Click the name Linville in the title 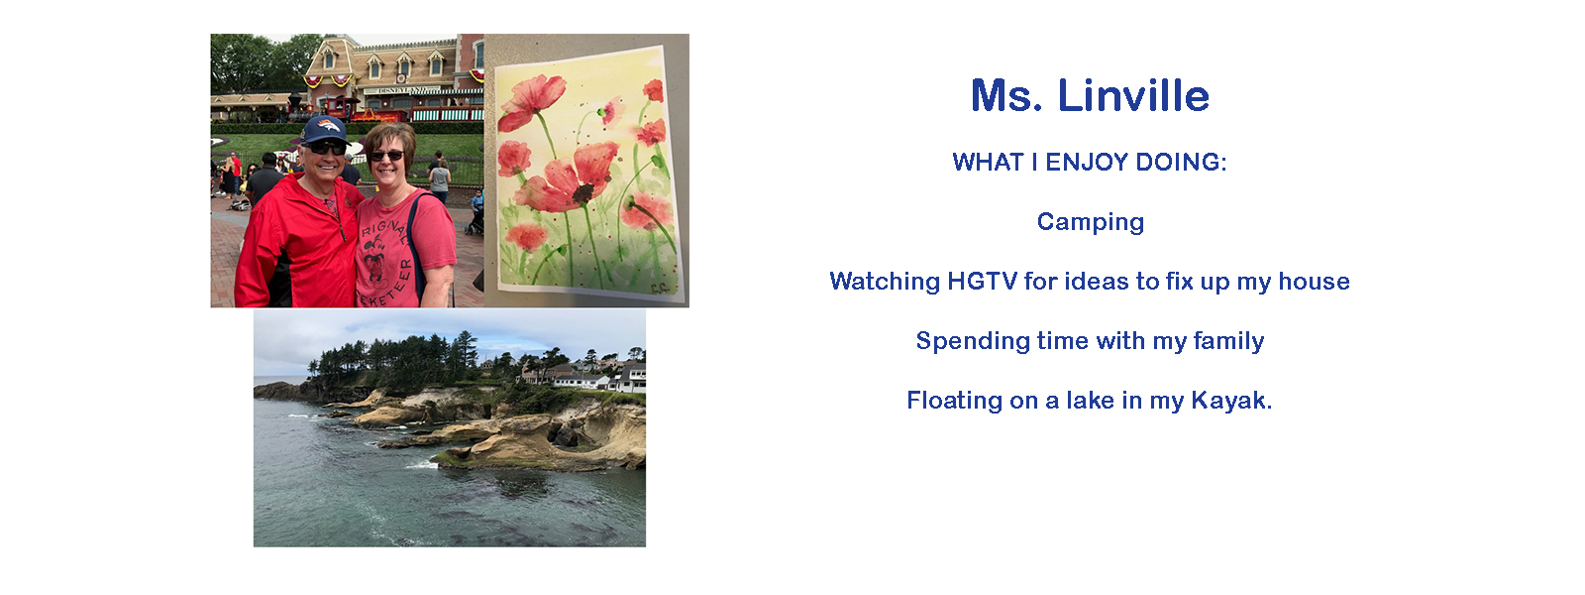(x=1133, y=95)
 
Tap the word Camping (x=1091, y=222)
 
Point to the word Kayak (x=1231, y=401)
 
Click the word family (x=1228, y=341)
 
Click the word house (x=1314, y=282)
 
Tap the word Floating (x=955, y=401)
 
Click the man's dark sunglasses (x=327, y=148)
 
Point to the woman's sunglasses (x=386, y=155)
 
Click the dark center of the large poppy (x=583, y=192)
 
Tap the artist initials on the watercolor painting (x=659, y=288)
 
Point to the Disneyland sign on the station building (x=402, y=90)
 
